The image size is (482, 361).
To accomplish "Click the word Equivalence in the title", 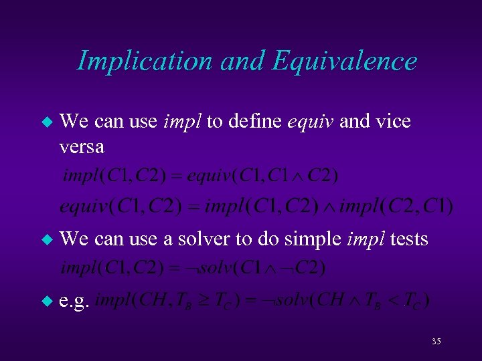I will (344, 62).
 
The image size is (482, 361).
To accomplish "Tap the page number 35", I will (436, 342).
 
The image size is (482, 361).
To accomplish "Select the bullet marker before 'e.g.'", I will (46, 302).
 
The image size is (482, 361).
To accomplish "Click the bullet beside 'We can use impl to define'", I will (46, 122).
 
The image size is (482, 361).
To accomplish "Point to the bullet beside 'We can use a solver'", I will (46, 239).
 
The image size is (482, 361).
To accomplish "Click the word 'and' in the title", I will (243, 62).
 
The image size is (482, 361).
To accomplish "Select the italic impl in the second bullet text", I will (364, 238).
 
